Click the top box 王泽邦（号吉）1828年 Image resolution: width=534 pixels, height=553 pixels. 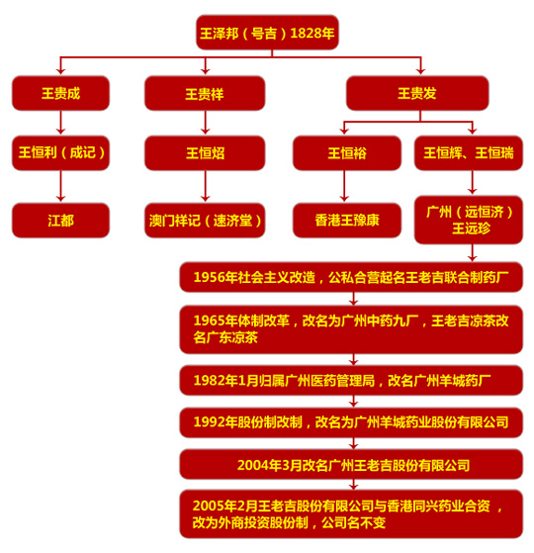267,33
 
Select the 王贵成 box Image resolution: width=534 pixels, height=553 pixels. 60,93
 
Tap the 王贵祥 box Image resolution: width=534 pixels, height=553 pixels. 205,93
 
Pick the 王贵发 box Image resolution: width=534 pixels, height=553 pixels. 417,93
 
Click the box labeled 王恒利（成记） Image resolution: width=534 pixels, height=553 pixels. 60,152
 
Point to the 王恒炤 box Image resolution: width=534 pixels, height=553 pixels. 205,152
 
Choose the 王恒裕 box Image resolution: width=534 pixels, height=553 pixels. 347,152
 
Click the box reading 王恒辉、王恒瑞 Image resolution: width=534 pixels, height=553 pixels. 469,152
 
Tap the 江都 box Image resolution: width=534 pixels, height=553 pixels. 60,220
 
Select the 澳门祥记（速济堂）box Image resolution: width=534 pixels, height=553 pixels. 205,220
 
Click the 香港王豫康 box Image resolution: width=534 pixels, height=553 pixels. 347,220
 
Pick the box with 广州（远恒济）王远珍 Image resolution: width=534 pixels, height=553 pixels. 469,220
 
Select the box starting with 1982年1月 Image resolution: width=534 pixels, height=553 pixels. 351,380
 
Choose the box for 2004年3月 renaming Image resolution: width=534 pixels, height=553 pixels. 351,464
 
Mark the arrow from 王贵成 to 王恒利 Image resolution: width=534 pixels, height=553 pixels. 60,123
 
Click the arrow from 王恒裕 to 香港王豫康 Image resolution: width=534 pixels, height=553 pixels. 344,186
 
